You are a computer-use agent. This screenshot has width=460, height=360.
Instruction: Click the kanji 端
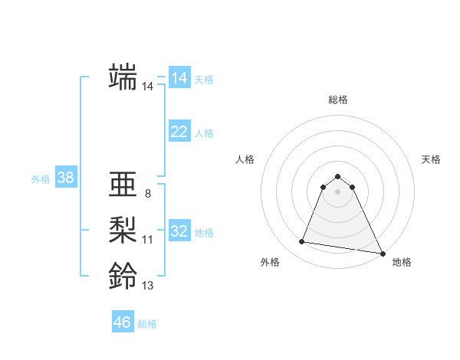(123, 77)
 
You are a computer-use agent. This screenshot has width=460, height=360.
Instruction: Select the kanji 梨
(123, 230)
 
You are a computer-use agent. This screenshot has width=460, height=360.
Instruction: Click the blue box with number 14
(179, 78)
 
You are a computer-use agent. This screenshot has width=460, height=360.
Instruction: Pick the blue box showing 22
(179, 132)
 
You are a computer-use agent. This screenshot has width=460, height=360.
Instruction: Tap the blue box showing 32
(179, 231)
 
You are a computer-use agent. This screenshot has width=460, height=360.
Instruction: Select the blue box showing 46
(123, 322)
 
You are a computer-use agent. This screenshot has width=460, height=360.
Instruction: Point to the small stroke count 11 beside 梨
(148, 240)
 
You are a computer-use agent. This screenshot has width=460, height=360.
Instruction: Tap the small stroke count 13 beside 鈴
(148, 286)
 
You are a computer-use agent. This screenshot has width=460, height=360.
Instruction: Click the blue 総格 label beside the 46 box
(147, 324)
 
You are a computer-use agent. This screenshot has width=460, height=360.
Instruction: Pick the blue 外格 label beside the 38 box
(41, 179)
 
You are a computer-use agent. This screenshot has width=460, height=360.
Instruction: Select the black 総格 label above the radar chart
(338, 100)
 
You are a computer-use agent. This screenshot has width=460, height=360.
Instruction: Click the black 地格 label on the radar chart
(402, 263)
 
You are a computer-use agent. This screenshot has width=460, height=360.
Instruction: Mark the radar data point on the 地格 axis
(383, 254)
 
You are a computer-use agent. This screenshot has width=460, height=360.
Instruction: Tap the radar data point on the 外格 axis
(302, 242)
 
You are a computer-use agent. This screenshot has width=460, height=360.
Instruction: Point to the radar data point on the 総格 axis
(338, 174)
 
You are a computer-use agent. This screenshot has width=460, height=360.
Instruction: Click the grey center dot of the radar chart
(338, 191)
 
